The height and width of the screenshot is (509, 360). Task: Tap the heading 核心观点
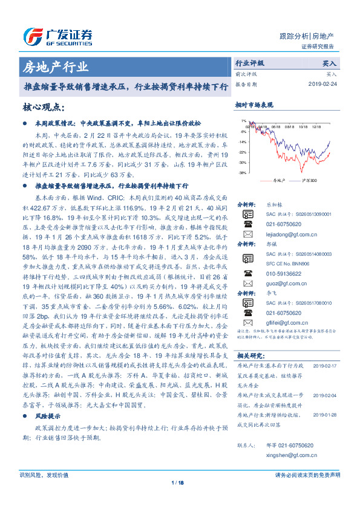pyautogui.click(x=42, y=107)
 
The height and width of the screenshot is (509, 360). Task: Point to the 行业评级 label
pyautogui.click(x=250, y=62)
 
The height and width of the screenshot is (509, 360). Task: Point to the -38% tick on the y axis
pyautogui.click(x=242, y=173)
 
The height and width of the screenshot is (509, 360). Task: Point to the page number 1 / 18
pyautogui.click(x=180, y=482)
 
